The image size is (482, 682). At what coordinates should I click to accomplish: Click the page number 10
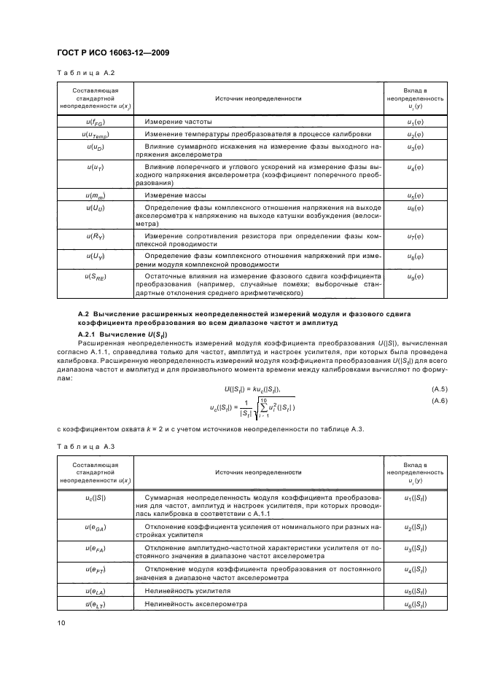click(60, 622)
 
